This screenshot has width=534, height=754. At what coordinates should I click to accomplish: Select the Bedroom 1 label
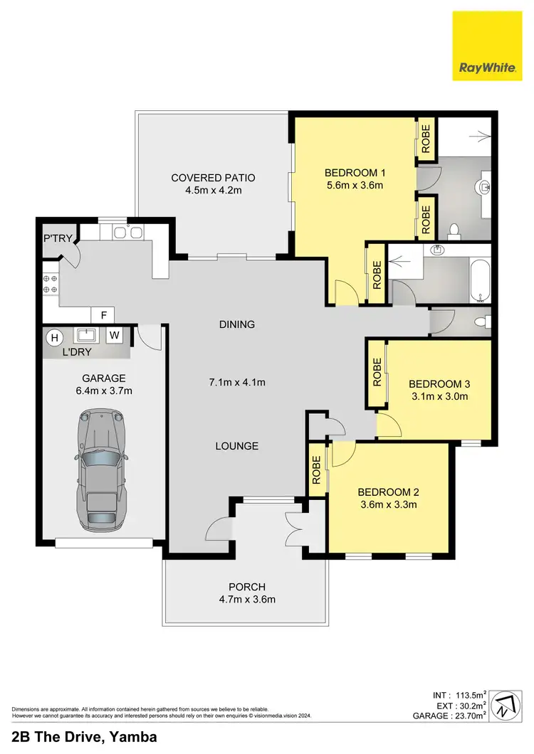click(x=355, y=173)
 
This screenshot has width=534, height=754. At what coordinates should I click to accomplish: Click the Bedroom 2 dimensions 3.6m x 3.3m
click(x=387, y=505)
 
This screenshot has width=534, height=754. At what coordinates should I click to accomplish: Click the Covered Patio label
click(x=213, y=178)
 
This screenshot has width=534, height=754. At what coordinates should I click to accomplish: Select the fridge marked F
click(x=104, y=314)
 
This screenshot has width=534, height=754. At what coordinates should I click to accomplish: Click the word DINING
click(x=237, y=325)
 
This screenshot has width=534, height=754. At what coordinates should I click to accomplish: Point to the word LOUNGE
click(x=237, y=446)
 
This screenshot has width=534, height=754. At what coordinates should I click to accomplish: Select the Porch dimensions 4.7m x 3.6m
click(x=246, y=599)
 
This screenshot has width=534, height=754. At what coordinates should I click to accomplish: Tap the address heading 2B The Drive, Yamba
click(x=85, y=737)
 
